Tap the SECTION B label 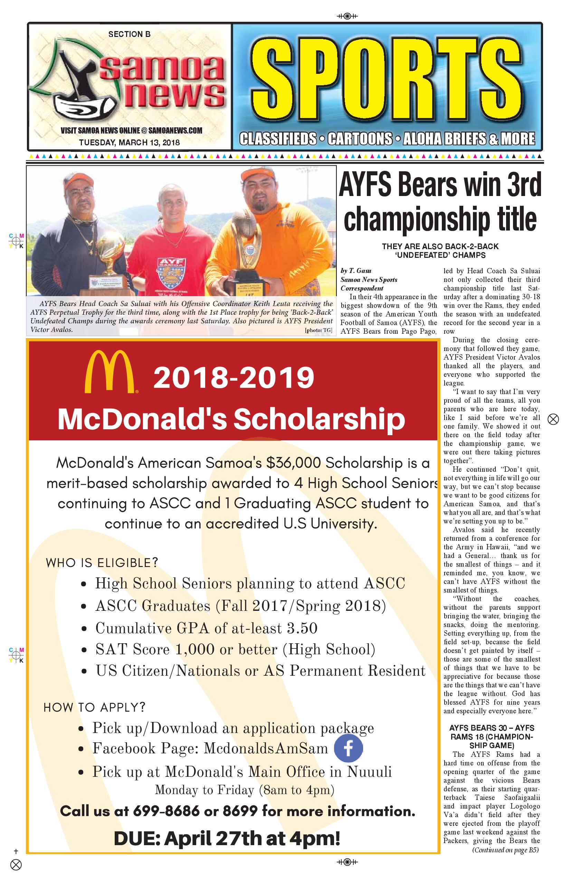pos(129,35)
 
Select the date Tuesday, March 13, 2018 pos(129,142)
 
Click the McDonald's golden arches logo pos(110,372)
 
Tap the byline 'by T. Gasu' pos(356,271)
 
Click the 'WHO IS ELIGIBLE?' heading pos(102,563)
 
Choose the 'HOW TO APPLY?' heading pos(94,707)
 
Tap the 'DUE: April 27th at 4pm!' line pos(227,838)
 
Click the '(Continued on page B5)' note pos(505,850)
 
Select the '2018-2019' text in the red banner pos(234,378)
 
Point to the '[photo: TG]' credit pos(318,330)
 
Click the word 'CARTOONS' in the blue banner pos(360,139)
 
